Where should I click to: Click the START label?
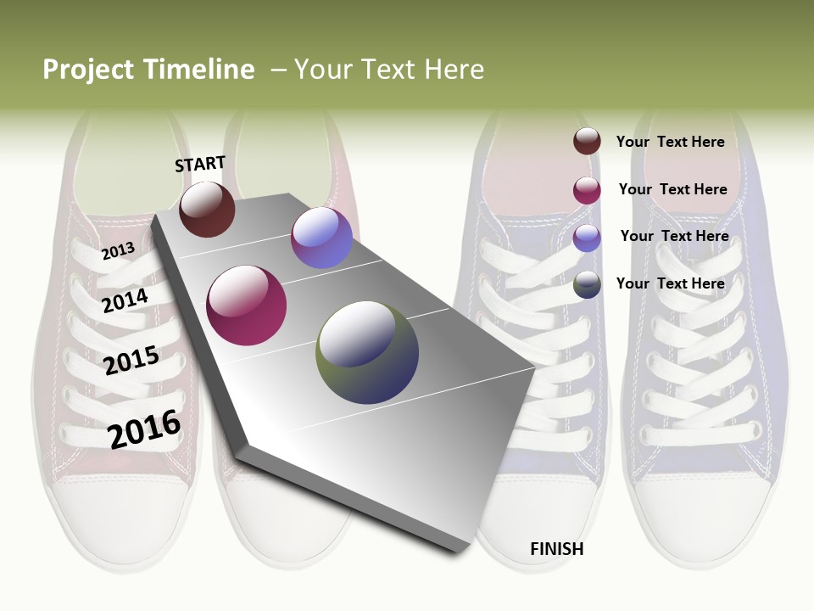(x=200, y=164)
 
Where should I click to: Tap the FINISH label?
(x=556, y=549)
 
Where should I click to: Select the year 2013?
(x=118, y=250)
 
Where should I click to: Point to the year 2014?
(x=125, y=300)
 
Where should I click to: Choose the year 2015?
(x=131, y=361)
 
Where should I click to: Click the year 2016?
(x=144, y=429)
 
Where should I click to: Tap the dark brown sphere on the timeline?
(x=207, y=209)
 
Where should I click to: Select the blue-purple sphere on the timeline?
(x=321, y=238)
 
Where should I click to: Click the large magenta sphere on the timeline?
(x=247, y=305)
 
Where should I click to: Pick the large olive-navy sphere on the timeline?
(x=367, y=352)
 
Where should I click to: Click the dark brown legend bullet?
(x=587, y=142)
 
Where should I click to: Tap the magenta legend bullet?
(x=587, y=190)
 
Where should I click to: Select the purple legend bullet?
(x=587, y=238)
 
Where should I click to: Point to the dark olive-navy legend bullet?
(x=587, y=284)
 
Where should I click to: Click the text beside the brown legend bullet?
(x=670, y=142)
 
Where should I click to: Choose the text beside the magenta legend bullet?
(x=672, y=189)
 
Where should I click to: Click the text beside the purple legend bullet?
(x=674, y=236)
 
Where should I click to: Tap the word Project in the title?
(x=89, y=70)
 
